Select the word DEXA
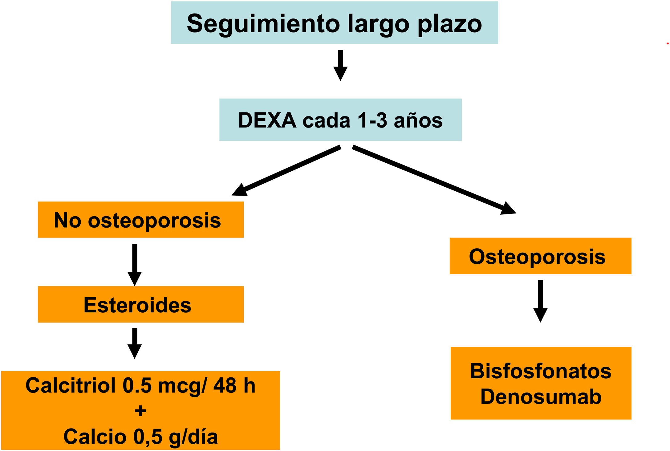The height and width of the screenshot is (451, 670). [267, 120]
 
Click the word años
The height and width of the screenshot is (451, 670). [418, 120]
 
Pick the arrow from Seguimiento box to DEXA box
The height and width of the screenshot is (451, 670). [340, 65]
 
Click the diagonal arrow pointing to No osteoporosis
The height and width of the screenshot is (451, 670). [286, 171]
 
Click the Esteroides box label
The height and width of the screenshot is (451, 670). [137, 305]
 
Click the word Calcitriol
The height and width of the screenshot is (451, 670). [71, 385]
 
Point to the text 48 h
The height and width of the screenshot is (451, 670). [234, 385]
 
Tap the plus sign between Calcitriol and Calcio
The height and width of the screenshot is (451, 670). [140, 411]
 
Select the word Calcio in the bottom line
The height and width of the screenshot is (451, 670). [95, 437]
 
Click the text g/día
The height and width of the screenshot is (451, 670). [193, 437]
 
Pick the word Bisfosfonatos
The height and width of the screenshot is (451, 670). [541, 371]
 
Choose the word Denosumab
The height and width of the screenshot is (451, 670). [541, 396]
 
